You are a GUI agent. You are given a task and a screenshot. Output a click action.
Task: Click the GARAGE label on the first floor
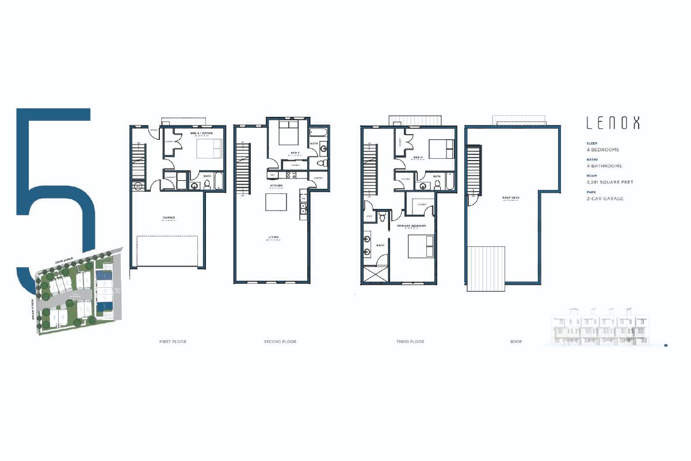(168, 218)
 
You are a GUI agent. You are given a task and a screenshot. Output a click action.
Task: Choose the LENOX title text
(612, 123)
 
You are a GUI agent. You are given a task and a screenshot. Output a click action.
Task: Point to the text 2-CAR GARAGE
(605, 199)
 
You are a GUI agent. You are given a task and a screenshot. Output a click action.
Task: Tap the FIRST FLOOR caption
(173, 342)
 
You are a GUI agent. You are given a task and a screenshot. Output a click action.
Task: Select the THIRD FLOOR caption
(410, 342)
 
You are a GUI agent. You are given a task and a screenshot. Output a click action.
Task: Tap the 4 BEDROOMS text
(603, 150)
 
